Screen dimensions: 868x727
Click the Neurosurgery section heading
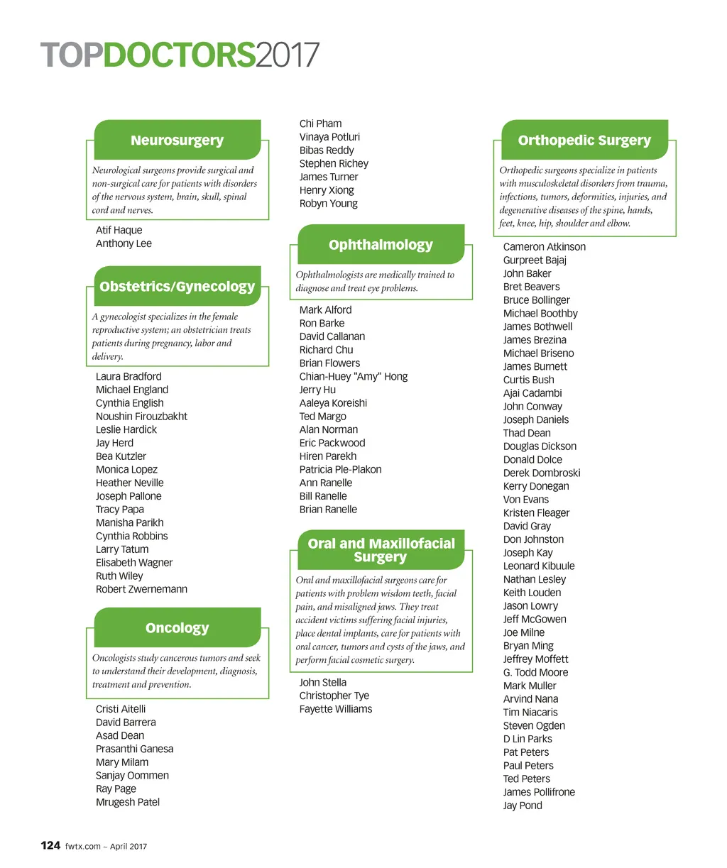pyautogui.click(x=177, y=141)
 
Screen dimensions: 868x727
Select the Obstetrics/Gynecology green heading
pyautogui.click(x=177, y=287)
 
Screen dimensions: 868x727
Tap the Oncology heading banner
pyautogui.click(x=177, y=628)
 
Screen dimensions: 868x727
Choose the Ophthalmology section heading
pyautogui.click(x=381, y=245)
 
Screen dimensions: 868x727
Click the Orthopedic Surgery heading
pyautogui.click(x=584, y=141)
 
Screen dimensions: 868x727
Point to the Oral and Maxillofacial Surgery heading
pyautogui.click(x=381, y=550)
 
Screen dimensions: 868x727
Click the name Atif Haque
pyautogui.click(x=119, y=230)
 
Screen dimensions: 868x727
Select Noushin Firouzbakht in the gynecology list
pyautogui.click(x=141, y=417)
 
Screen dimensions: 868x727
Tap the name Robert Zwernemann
pyautogui.click(x=141, y=589)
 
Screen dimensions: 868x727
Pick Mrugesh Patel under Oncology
pyautogui.click(x=128, y=802)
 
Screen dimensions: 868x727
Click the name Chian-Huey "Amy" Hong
pyautogui.click(x=353, y=376)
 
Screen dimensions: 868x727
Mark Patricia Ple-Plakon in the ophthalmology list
pyautogui.click(x=340, y=469)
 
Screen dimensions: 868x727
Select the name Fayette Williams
pyautogui.click(x=335, y=709)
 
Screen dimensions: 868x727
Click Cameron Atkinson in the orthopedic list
pyautogui.click(x=544, y=247)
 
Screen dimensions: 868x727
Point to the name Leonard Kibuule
pyautogui.click(x=539, y=566)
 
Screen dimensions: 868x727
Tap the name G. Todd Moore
pyautogui.click(x=535, y=672)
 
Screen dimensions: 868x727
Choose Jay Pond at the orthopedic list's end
pyautogui.click(x=523, y=806)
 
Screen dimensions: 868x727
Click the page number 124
pyautogui.click(x=50, y=845)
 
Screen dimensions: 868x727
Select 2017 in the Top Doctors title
pyautogui.click(x=288, y=56)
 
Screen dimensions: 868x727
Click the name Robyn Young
pyautogui.click(x=328, y=204)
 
